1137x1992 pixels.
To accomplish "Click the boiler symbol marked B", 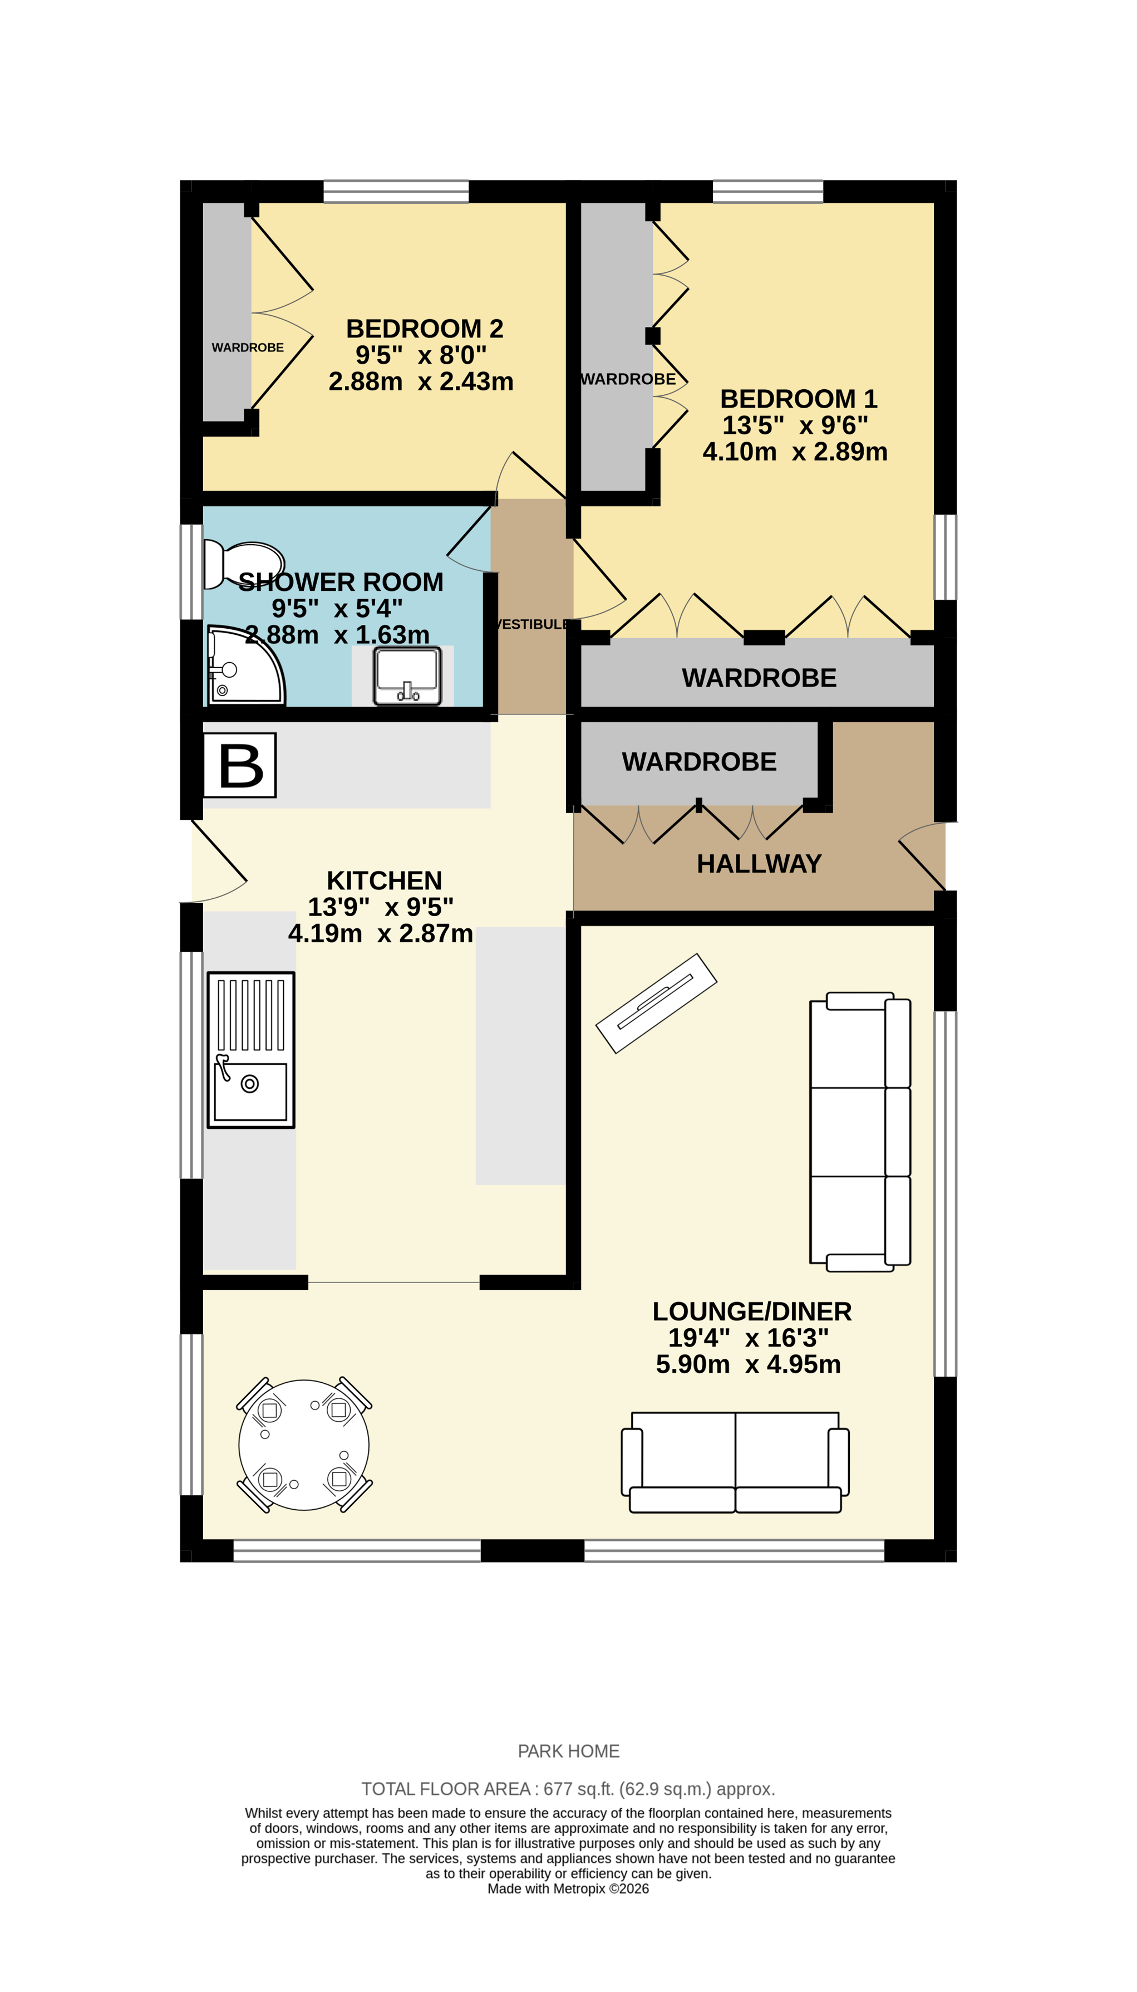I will click(x=240, y=765).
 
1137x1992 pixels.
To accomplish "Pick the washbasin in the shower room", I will click(x=407, y=675).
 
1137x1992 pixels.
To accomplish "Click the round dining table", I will click(x=304, y=1445).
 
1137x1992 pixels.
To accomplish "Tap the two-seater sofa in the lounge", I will click(x=735, y=1460).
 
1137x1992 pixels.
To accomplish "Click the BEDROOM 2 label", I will click(x=424, y=329).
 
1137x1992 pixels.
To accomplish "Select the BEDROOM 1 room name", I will click(x=798, y=399).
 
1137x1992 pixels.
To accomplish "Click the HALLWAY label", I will click(x=759, y=864).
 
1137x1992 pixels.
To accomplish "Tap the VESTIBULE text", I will click(x=533, y=624).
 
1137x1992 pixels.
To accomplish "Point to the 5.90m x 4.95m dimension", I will click(x=748, y=1364).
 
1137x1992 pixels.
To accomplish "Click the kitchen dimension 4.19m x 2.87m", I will click(x=380, y=933).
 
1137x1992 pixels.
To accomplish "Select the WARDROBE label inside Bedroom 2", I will click(x=248, y=348).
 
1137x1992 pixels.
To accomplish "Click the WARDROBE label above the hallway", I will click(x=699, y=762).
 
